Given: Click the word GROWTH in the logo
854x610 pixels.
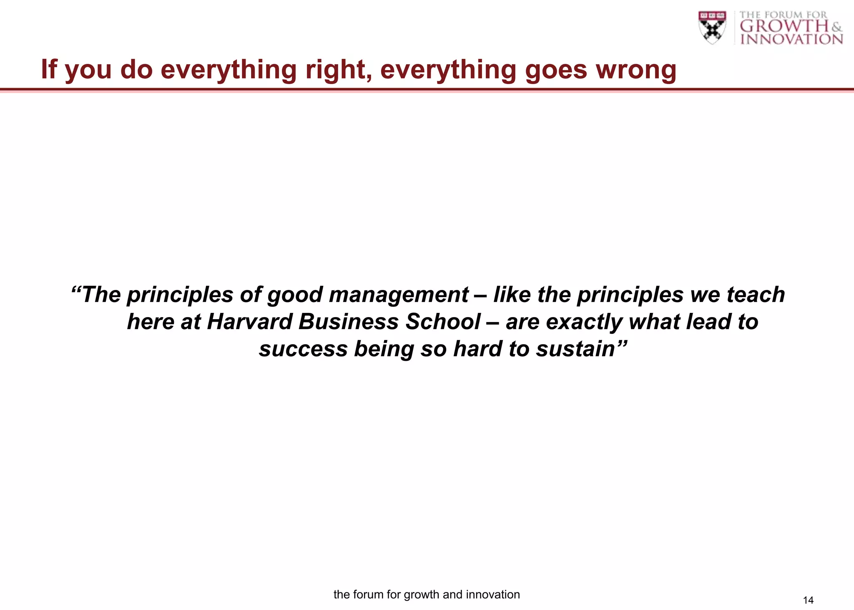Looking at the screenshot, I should (x=784, y=26).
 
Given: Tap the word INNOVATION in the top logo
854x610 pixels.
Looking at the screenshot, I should (x=791, y=39).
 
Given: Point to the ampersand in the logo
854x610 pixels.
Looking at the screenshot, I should (x=836, y=28).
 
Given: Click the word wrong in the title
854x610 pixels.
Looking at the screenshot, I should (x=636, y=69).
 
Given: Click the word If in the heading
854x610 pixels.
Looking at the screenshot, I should (x=49, y=69).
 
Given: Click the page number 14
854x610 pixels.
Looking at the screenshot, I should (x=808, y=600).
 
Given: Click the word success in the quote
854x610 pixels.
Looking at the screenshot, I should (x=303, y=349).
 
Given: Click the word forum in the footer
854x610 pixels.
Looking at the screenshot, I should (x=369, y=595).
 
